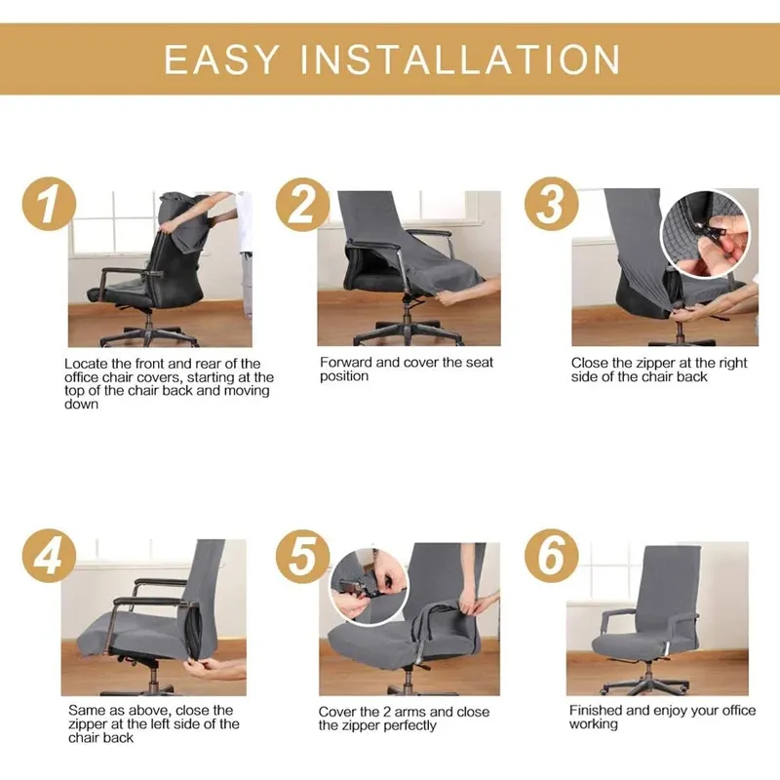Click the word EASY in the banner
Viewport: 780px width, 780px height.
[x=221, y=59]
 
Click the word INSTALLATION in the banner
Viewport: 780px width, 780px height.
[x=460, y=59]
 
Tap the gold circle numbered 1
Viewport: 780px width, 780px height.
[x=49, y=204]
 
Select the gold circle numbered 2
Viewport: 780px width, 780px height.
[x=302, y=205]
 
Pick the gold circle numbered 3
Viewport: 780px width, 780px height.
[x=551, y=204]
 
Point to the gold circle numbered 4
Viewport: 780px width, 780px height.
[x=49, y=556]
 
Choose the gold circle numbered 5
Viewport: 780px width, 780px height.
[x=302, y=556]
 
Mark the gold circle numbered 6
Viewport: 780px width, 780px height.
[x=551, y=556]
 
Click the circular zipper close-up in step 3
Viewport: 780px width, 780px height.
[x=705, y=234]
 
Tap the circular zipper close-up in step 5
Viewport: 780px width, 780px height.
[x=370, y=588]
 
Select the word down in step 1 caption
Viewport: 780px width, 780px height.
[x=82, y=405]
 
